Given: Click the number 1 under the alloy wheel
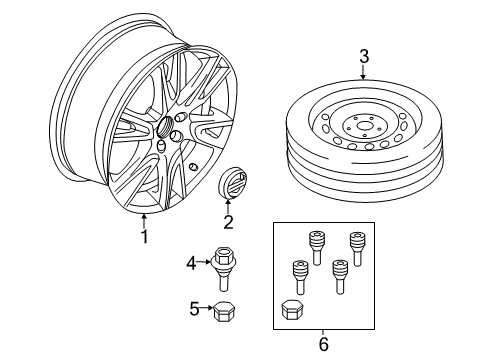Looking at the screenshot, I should pos(144,237).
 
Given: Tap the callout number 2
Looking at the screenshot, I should pos(227,223).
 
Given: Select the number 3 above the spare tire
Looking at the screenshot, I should pos(364,57).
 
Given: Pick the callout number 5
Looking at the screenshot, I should pos(194,310).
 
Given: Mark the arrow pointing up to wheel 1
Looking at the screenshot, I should pos(144,219).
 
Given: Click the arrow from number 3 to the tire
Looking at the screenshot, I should pos(364,73).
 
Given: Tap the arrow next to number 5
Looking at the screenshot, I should pos(207,310).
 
